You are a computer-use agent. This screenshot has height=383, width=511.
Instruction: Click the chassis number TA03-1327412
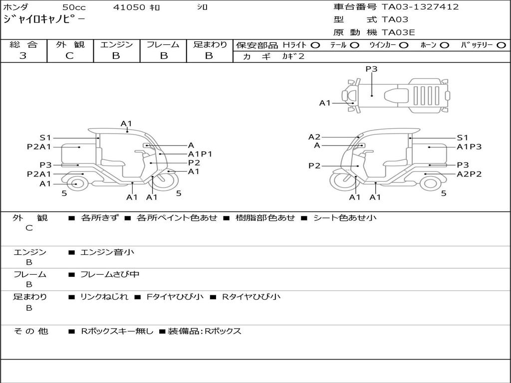420,7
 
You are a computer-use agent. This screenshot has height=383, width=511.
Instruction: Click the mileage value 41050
129,7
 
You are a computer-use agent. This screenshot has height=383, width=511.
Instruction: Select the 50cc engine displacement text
74,7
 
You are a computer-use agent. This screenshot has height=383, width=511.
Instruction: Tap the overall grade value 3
23,56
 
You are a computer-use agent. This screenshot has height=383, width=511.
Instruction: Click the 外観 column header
70,44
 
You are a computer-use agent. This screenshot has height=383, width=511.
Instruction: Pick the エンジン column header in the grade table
116,44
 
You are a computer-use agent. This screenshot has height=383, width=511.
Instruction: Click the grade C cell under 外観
69,56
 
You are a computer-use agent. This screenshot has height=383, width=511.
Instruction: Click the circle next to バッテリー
501,45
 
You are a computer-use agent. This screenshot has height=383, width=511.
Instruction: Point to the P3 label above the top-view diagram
371,69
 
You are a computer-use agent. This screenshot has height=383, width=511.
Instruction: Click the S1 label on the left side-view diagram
45,138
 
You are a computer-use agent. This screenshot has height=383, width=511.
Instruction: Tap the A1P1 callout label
200,154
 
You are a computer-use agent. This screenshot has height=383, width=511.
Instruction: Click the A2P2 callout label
469,174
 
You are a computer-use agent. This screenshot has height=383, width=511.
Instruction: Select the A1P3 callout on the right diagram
469,147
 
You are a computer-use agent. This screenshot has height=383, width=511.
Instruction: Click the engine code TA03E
398,33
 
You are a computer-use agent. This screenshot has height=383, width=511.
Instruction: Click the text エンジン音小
107,252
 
